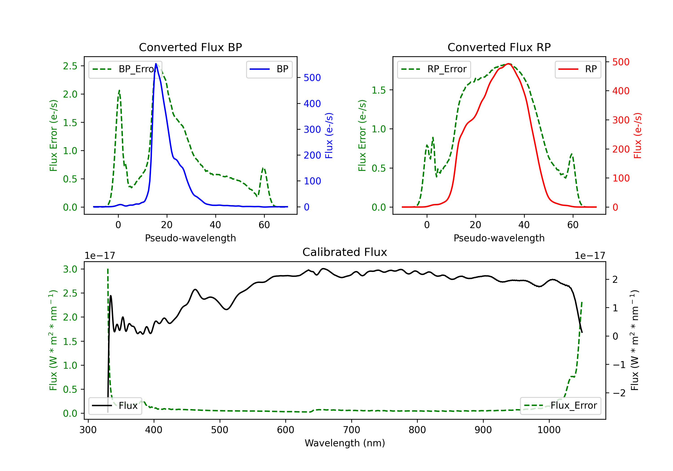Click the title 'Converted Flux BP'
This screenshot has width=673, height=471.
click(x=190, y=47)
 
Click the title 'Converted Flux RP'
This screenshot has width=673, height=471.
click(x=499, y=47)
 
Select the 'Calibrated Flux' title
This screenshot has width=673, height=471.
click(x=345, y=252)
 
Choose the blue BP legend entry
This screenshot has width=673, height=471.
click(x=269, y=69)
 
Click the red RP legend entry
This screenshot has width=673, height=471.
click(x=578, y=69)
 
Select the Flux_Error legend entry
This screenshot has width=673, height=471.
click(x=560, y=406)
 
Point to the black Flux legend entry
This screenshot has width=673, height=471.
click(x=115, y=406)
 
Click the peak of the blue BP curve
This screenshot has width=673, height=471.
click(x=156, y=64)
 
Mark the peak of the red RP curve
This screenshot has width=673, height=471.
click(x=509, y=64)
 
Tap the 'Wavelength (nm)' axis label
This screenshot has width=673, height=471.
click(x=345, y=443)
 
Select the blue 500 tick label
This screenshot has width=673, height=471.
click(x=312, y=78)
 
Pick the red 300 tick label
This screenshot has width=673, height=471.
click(x=621, y=120)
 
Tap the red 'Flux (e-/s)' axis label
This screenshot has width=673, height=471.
click(x=638, y=135)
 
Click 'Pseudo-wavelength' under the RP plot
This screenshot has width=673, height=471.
click(x=499, y=238)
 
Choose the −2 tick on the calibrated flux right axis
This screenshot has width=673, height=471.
click(x=619, y=393)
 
